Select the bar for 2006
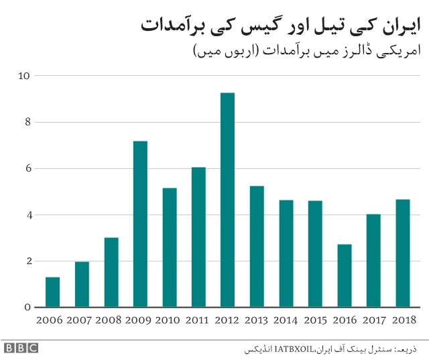pyautogui.click(x=53, y=292)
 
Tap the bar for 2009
pyautogui.click(x=140, y=224)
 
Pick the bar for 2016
pyautogui.click(x=344, y=276)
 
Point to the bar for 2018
pyautogui.click(x=402, y=253)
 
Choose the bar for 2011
pyautogui.click(x=198, y=237)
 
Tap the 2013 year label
pyautogui.click(x=257, y=320)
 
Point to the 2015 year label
pyautogui.click(x=315, y=320)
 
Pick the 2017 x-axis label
pyautogui.click(x=373, y=320)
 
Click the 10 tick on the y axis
pyautogui.click(x=24, y=76)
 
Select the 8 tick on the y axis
pyautogui.click(x=27, y=122)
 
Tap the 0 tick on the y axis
pyautogui.click(x=27, y=308)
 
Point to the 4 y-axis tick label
pyautogui.click(x=27, y=215)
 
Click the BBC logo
pyautogui.click(x=21, y=348)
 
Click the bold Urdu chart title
pyautogui.click(x=282, y=25)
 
